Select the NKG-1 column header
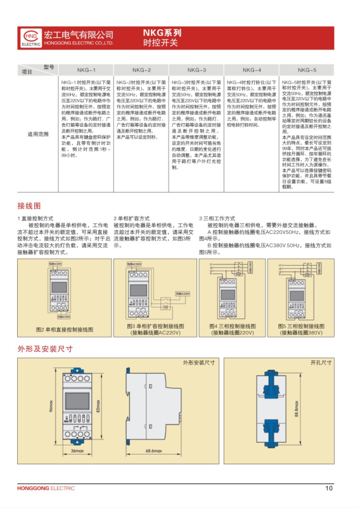point(86,70)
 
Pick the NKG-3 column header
point(196,70)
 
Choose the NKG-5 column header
point(307,70)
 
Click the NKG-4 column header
point(252,70)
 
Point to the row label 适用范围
point(37,134)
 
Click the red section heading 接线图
point(29,206)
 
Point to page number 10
point(328,488)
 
